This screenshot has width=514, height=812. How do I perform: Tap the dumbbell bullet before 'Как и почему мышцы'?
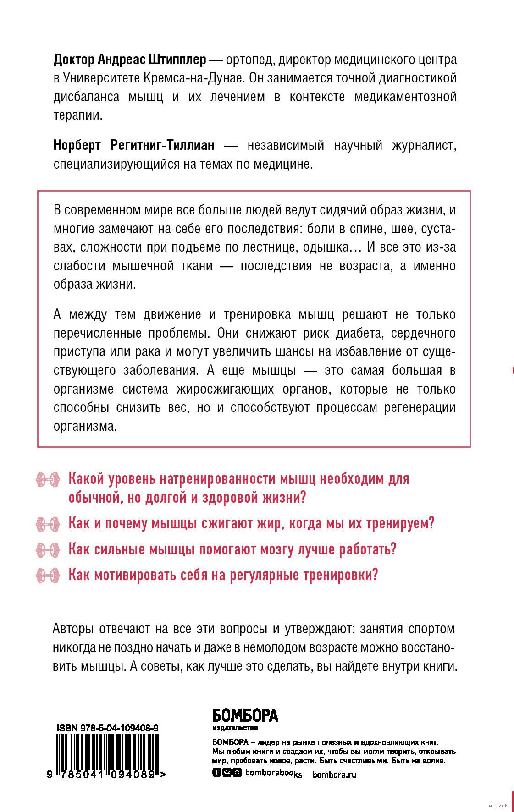(48, 523)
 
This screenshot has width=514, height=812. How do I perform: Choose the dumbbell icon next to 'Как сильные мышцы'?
(48, 549)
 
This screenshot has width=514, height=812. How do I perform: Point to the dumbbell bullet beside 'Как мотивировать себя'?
(48, 574)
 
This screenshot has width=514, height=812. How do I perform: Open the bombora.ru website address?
(334, 774)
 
